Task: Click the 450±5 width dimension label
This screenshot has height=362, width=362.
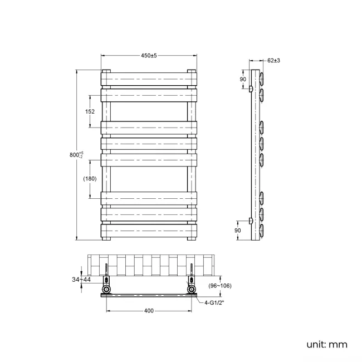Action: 149,55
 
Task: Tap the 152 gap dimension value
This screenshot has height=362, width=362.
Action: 90,111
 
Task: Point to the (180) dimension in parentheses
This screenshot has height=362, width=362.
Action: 90,178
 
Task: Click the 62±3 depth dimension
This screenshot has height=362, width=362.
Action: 273,60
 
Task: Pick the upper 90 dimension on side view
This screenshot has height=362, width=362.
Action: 242,79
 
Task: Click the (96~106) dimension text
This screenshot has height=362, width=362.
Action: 219,286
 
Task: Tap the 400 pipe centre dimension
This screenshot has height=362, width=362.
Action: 149,311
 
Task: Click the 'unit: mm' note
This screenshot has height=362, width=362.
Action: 327,344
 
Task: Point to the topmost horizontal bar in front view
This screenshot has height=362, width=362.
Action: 149,80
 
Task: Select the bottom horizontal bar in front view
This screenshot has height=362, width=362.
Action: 149,230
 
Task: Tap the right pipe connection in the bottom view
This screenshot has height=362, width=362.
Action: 192,290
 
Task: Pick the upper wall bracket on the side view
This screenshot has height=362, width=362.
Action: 251,89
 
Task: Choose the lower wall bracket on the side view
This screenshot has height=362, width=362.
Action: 251,221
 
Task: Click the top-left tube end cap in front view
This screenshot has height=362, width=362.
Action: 106,71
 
